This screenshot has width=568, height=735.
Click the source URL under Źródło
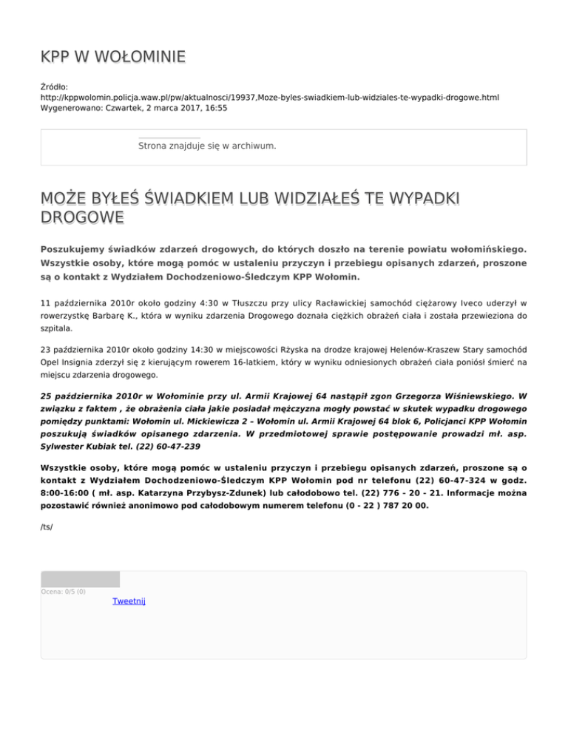(270, 98)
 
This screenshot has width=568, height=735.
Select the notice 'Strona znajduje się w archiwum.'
(207, 146)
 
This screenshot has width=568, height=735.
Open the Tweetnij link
(129, 601)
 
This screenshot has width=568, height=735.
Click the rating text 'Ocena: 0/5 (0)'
(64, 592)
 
